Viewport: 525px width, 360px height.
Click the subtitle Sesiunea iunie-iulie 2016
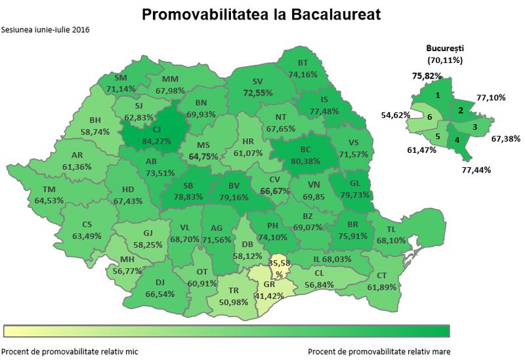tap(46, 30)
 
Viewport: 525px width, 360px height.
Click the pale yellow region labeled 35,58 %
tap(278, 268)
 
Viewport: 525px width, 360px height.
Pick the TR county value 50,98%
tap(228, 296)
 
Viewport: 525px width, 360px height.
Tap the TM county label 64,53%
tap(52, 195)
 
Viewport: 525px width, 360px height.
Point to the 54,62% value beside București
tap(396, 115)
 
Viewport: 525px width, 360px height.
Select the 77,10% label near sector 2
tap(490, 97)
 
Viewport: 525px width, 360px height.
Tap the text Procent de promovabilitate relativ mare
tap(379, 350)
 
